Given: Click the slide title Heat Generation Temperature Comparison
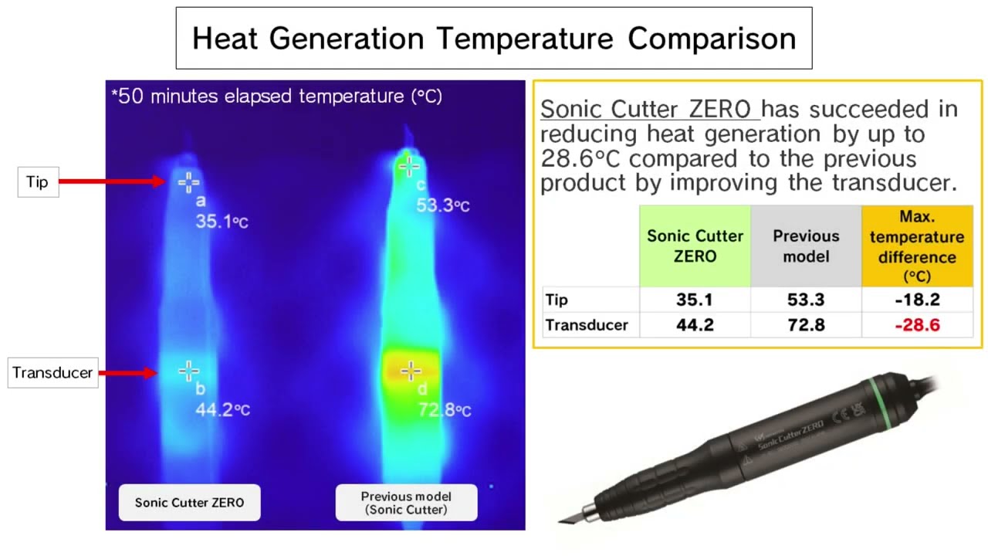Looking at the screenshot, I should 494,39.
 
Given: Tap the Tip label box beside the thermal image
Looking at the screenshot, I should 37,182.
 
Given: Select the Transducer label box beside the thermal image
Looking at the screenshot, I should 52,373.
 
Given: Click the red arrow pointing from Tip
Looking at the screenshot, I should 112,181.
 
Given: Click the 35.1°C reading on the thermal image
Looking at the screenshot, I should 222,222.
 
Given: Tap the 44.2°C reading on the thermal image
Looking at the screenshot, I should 222,410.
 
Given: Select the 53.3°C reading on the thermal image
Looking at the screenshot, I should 443,206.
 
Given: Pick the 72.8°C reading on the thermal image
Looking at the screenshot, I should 444,409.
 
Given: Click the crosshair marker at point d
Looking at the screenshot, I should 411,371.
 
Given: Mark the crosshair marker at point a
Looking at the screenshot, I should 188,182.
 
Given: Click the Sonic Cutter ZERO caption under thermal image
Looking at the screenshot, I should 189,503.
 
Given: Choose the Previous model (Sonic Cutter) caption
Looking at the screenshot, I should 406,503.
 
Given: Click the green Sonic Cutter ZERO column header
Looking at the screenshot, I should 695,246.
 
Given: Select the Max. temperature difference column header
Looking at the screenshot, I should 917,246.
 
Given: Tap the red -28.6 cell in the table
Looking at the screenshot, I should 917,325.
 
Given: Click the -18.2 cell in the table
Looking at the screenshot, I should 917,300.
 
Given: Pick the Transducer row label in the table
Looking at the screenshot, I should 587,325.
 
